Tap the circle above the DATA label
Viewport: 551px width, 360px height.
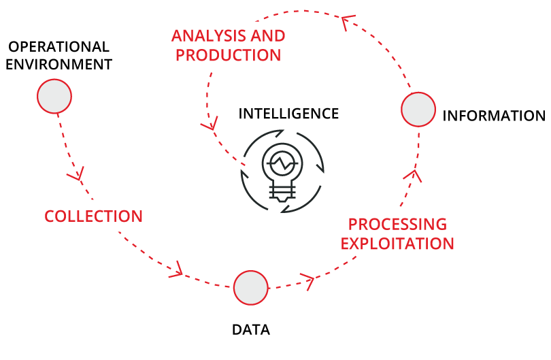[x=251, y=287]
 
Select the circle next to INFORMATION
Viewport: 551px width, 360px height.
[x=418, y=110]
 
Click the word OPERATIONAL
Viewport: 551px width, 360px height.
[x=58, y=47]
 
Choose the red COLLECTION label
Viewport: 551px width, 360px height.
[x=93, y=216]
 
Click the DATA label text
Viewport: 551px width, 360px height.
[x=251, y=330]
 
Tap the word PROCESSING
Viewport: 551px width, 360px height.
[x=397, y=225]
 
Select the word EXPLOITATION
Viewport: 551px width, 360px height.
[x=397, y=243]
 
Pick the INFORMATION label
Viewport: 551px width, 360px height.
[x=494, y=116]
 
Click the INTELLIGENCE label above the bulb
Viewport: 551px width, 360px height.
[x=288, y=113]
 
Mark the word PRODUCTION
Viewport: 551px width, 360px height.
[x=228, y=55]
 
